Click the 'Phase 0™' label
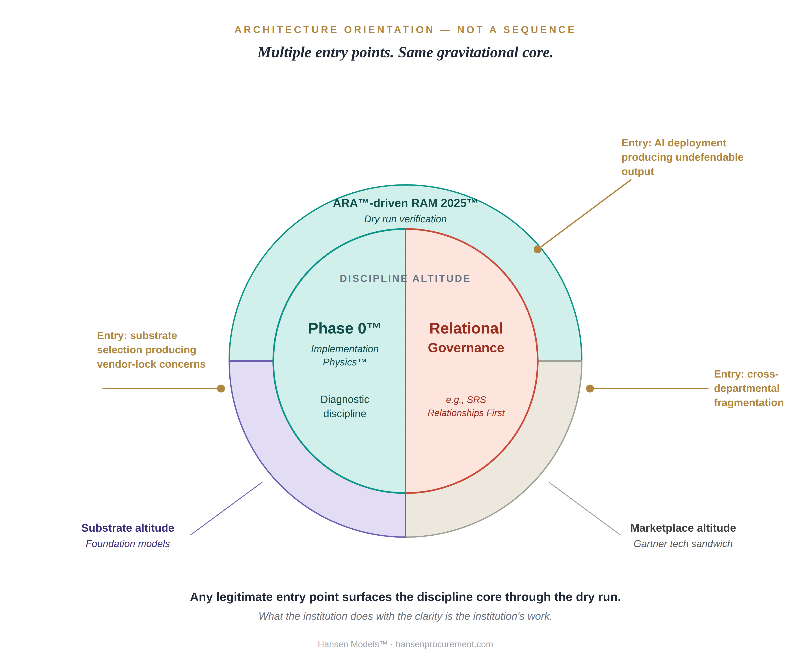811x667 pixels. click(344, 328)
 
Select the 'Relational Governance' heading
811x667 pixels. click(466, 337)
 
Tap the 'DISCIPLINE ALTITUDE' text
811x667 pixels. click(405, 278)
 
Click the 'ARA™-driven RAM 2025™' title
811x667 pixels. click(405, 203)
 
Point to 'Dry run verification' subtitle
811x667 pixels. click(405, 219)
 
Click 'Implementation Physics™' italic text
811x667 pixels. click(344, 355)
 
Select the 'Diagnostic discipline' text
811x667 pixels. click(344, 407)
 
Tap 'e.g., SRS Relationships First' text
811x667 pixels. click(466, 407)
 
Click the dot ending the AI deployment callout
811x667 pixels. click(538, 249)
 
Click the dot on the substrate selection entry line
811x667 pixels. click(221, 389)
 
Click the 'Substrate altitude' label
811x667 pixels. click(128, 528)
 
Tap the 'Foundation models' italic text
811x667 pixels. click(128, 544)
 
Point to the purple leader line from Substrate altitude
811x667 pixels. click(227, 508)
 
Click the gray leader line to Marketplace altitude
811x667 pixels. click(584, 508)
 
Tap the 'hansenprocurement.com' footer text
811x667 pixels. click(444, 644)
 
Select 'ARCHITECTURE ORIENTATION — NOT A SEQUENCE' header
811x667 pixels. click(405, 30)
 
